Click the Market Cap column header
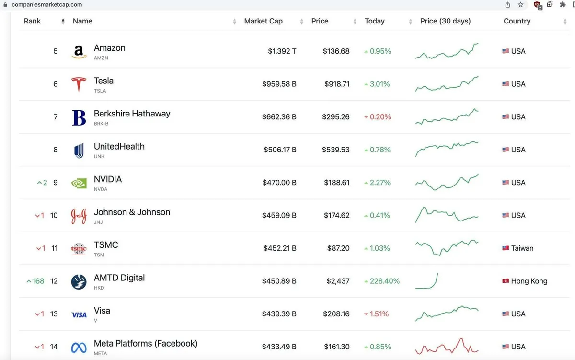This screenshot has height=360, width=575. click(x=263, y=21)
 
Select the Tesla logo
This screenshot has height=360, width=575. click(x=79, y=84)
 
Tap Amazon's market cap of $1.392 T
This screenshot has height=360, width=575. click(x=282, y=51)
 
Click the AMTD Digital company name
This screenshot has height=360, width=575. click(x=119, y=278)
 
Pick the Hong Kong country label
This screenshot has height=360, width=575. click(x=529, y=281)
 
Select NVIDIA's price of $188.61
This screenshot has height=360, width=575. click(x=336, y=183)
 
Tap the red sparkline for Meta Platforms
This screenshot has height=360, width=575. click(x=447, y=346)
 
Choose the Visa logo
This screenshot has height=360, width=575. click(x=79, y=314)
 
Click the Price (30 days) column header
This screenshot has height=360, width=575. click(x=445, y=21)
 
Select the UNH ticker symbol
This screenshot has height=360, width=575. click(x=99, y=157)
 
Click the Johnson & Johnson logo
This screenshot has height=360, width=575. click(x=79, y=216)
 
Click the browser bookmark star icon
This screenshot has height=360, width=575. click(x=521, y=5)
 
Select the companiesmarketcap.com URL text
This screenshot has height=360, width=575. click(x=46, y=5)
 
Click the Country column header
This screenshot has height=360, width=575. click(x=517, y=21)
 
